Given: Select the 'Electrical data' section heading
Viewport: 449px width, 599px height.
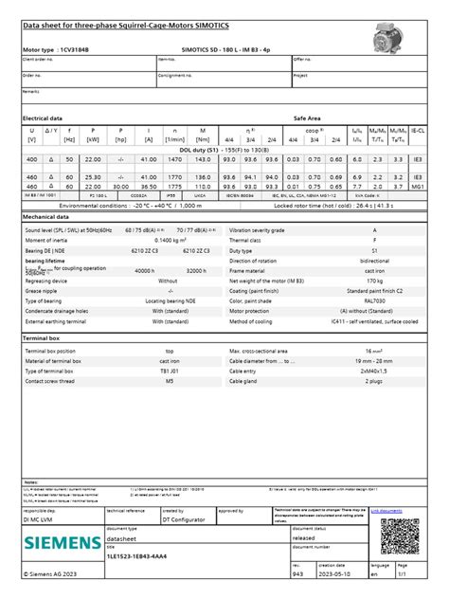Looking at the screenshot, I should click(43, 118).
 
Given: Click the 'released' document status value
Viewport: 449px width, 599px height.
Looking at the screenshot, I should click(330, 536).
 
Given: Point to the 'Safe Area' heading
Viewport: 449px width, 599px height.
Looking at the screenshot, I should click(307, 118).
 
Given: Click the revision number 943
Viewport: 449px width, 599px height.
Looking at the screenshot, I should click(297, 574).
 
